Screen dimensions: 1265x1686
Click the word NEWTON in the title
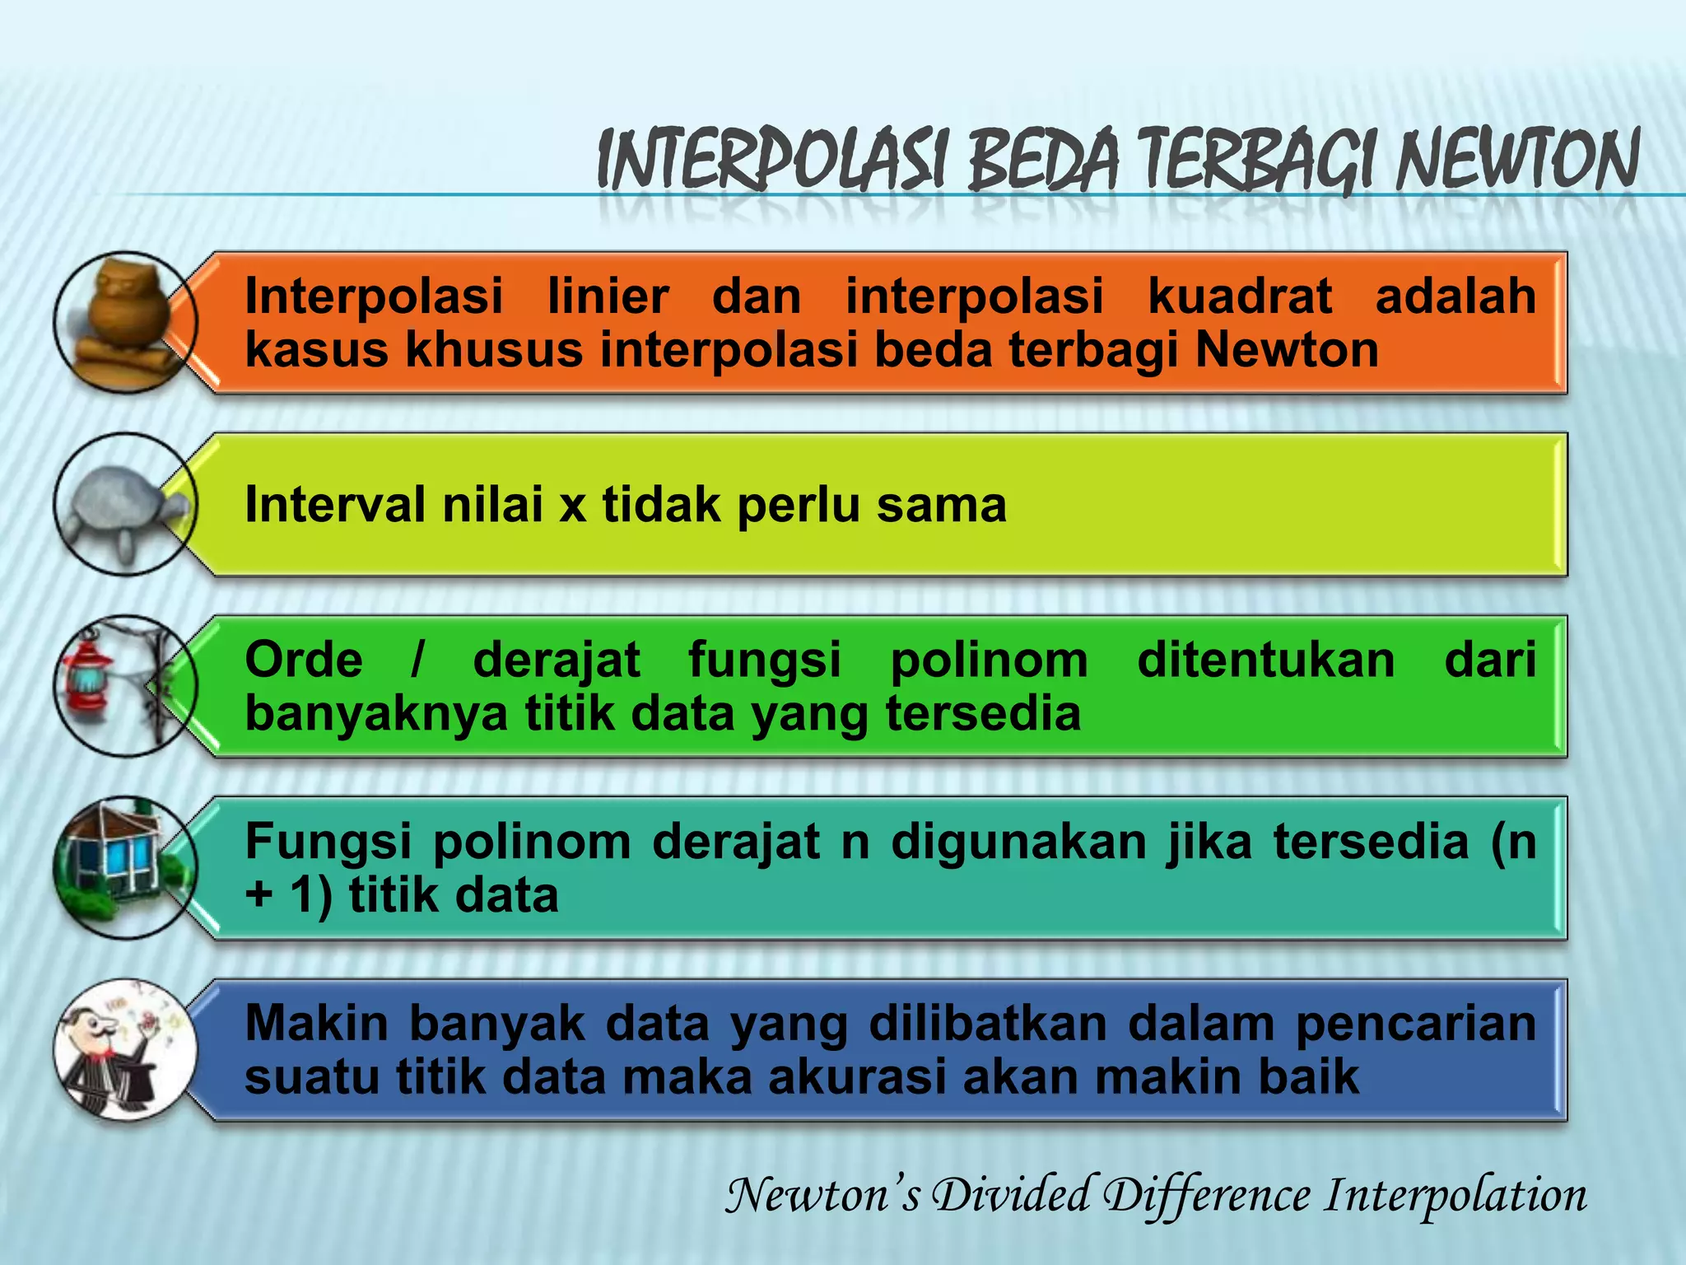(x=1516, y=161)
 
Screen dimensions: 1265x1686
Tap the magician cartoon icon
(x=123, y=1050)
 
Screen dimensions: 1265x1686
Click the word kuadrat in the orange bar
(x=1239, y=296)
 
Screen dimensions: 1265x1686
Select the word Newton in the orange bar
(x=1287, y=349)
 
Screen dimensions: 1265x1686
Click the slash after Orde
(x=418, y=660)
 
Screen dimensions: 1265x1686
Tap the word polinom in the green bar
(x=989, y=660)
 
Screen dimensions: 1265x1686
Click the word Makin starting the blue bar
(x=316, y=1024)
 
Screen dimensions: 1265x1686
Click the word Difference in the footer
(x=1206, y=1195)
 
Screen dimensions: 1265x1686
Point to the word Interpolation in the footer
(x=1455, y=1195)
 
